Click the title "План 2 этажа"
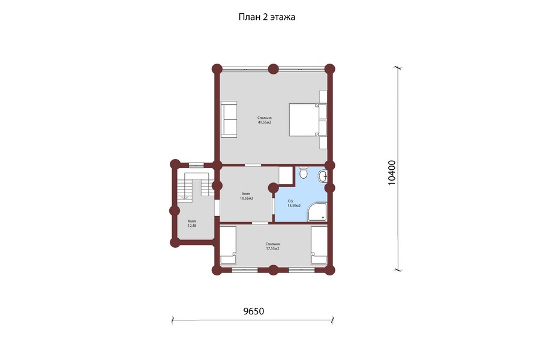pos(266,17)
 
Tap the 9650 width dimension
pos(253,311)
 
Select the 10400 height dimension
pos(392,173)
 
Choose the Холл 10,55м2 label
pos(247,196)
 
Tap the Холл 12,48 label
pos(192,223)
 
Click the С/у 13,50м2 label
pos(294,203)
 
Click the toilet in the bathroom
pos(303,173)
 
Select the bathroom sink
pos(323,176)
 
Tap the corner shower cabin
pos(316,212)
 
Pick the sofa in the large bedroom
pos(229,119)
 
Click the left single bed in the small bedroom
pos(228,245)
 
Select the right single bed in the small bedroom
pos(319,245)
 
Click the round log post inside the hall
pos(273,188)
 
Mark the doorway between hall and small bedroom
pos(260,223)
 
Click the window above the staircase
pos(196,164)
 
